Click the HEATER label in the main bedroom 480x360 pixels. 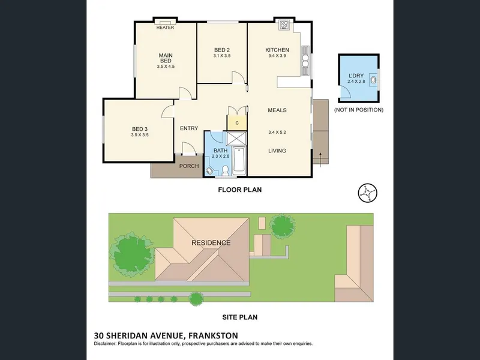pos(165,28)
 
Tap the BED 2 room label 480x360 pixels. pos(222,50)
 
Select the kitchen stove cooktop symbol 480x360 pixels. pos(284,25)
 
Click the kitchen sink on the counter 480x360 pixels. pos(305,61)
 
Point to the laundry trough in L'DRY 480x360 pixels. pos(373,80)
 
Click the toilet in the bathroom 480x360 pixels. pos(225,170)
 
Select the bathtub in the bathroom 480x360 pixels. pos(239,161)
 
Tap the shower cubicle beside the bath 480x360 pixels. pos(236,139)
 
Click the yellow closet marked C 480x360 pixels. pos(236,122)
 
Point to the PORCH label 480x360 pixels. pos(189,166)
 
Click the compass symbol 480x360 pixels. pos(367,193)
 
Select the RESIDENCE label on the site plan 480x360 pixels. pos(211,243)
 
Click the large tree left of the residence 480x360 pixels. pos(131,254)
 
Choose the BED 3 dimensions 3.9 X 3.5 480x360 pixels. pos(140,134)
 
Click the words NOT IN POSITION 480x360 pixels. pos(358,110)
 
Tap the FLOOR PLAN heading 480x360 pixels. pos(239,190)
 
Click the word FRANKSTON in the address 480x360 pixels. pos(213,336)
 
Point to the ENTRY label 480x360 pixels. pos(189,128)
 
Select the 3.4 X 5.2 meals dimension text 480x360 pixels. pos(277,132)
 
